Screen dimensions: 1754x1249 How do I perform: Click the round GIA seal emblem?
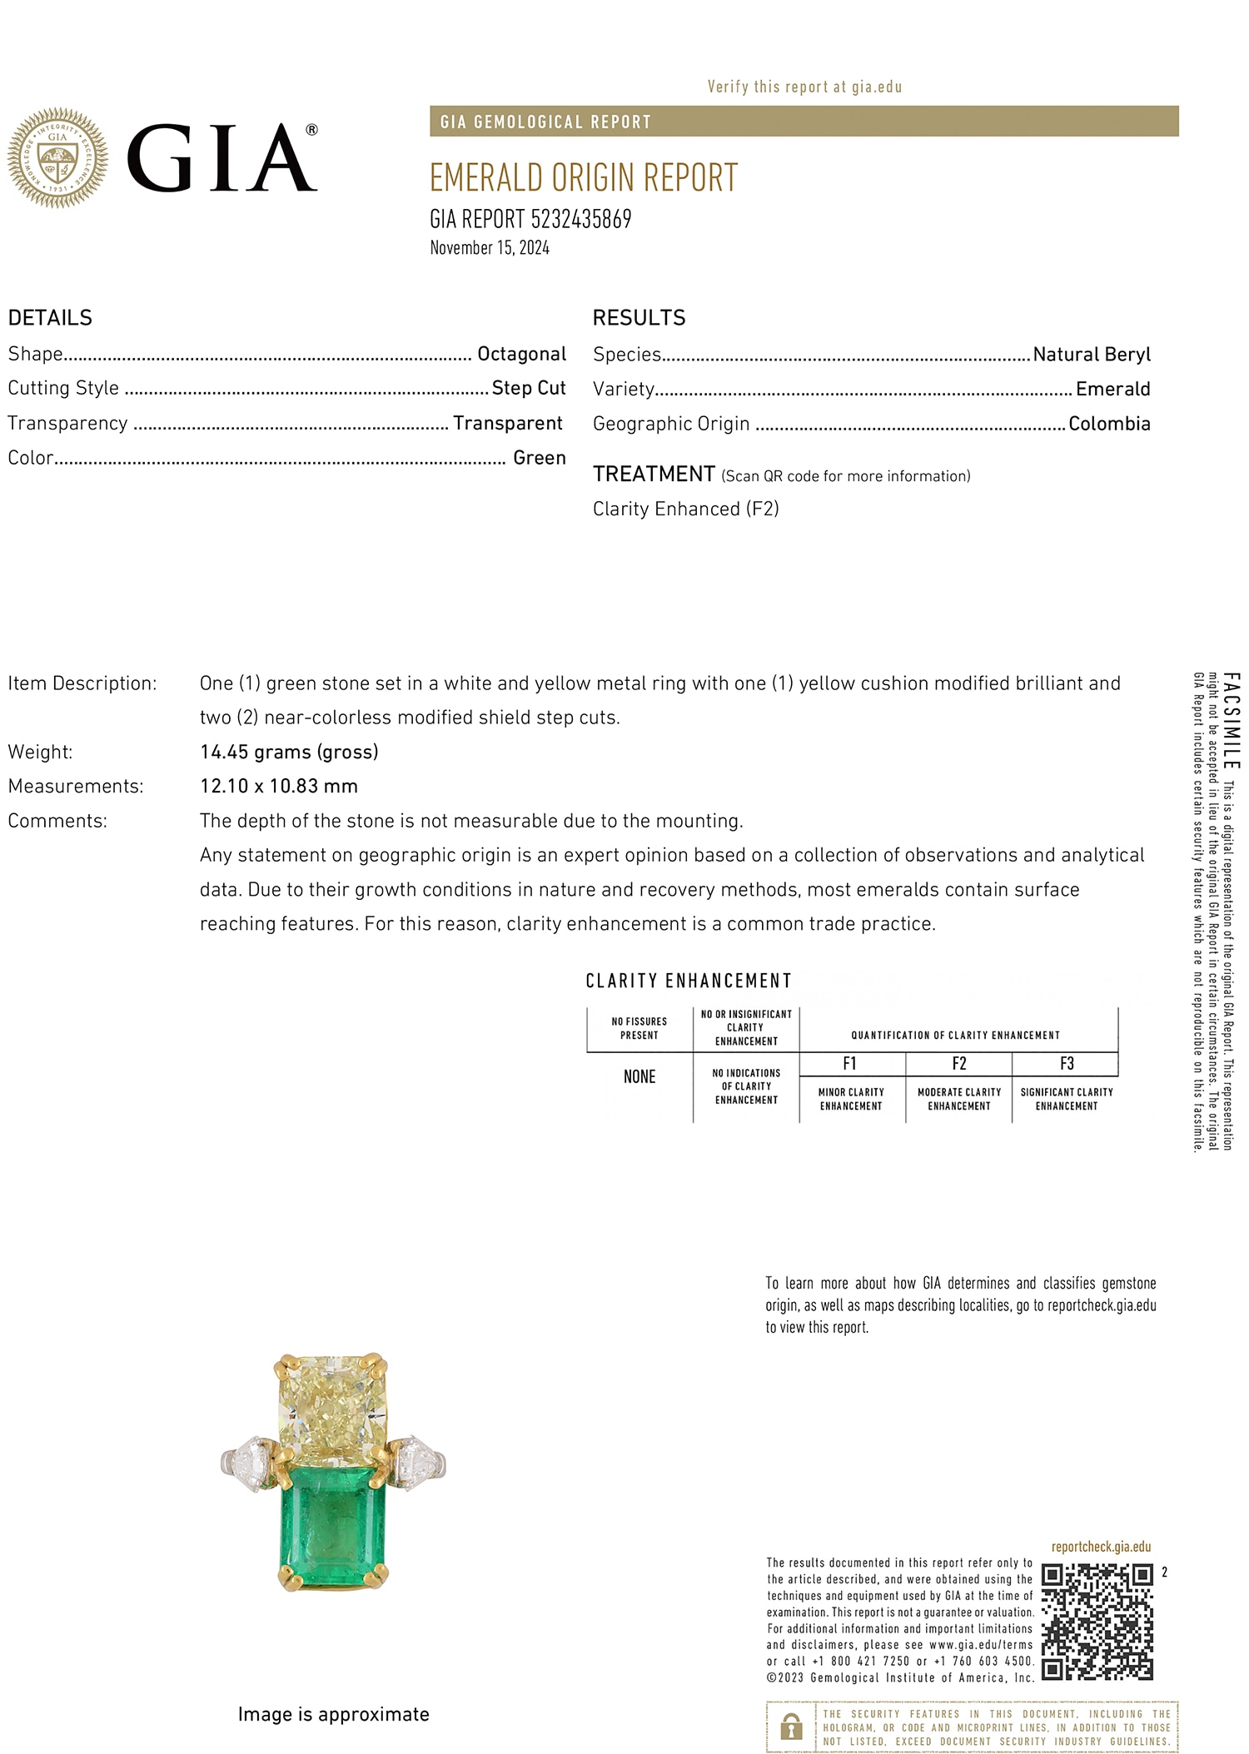pyautogui.click(x=57, y=157)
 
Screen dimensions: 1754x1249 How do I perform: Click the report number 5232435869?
pyautogui.click(x=580, y=219)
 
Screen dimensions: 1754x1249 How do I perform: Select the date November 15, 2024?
pyautogui.click(x=490, y=248)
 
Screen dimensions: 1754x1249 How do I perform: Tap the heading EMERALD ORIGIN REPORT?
pyautogui.click(x=583, y=178)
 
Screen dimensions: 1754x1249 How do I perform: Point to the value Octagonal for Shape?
pyautogui.click(x=521, y=354)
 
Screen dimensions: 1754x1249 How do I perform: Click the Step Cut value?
pyautogui.click(x=528, y=388)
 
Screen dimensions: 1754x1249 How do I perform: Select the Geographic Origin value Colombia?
pyautogui.click(x=1108, y=424)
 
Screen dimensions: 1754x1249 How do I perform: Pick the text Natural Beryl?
pyautogui.click(x=1091, y=355)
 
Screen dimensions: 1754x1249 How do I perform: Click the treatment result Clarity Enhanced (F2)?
pyautogui.click(x=685, y=509)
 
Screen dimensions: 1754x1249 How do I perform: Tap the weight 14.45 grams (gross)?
pyautogui.click(x=289, y=752)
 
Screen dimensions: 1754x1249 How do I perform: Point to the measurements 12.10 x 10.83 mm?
pyautogui.click(x=278, y=786)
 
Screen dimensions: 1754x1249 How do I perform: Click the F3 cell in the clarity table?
pyautogui.click(x=1066, y=1064)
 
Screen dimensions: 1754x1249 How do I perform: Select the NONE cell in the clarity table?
pyautogui.click(x=639, y=1077)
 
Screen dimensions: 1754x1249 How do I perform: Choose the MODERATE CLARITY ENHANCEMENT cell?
pyautogui.click(x=958, y=1099)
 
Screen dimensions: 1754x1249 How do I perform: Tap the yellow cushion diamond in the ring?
pyautogui.click(x=333, y=1406)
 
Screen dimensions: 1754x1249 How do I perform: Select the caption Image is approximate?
pyautogui.click(x=333, y=1714)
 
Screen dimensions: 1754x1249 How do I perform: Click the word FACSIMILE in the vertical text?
pyautogui.click(x=1232, y=720)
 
